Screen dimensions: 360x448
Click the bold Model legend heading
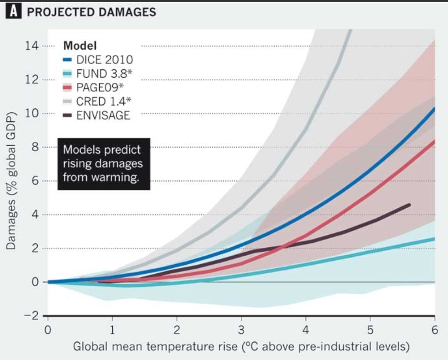tap(79, 45)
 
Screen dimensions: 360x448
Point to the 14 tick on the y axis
tap(33, 46)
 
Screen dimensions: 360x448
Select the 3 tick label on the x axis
tap(241, 331)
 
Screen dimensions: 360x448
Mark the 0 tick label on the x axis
tap(48, 331)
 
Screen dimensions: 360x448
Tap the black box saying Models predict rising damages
tap(104, 164)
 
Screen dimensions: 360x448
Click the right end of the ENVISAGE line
tap(409, 205)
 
